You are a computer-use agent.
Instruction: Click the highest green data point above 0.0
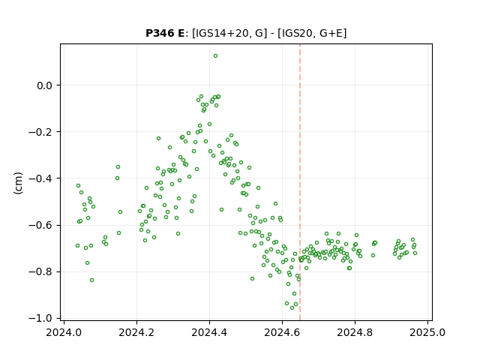pos(215,56)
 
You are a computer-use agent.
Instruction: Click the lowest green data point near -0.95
pos(292,307)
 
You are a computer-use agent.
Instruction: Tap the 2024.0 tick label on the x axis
pos(64,332)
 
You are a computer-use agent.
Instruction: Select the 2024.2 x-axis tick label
pos(136,332)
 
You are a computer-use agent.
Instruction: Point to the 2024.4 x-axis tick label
pos(209,332)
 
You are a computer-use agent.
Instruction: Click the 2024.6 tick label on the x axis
pos(282,332)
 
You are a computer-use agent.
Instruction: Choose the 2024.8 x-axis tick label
pos(355,332)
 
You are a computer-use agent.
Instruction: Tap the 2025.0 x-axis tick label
pos(427,332)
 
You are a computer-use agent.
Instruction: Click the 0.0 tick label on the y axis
pos(45,85)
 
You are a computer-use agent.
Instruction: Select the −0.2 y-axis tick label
pos(40,132)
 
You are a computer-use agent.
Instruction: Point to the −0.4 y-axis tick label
pos(40,178)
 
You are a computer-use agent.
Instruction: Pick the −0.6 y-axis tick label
pos(40,225)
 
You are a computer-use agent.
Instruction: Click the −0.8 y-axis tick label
pos(40,271)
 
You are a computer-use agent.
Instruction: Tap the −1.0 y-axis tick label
pos(40,318)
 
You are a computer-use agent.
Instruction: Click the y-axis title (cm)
pos(18,183)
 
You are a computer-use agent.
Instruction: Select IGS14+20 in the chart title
pos(221,33)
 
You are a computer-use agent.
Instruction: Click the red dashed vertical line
pos(300,182)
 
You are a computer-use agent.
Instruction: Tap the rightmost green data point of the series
pos(415,253)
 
